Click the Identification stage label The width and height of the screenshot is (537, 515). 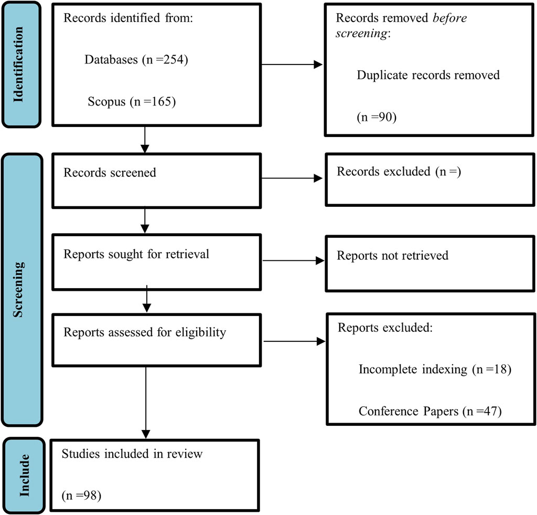point(18,65)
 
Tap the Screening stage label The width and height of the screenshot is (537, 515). point(18,290)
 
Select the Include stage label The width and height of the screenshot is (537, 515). point(24,475)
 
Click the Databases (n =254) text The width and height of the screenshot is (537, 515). point(136,60)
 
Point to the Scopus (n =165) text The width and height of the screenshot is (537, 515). point(132,101)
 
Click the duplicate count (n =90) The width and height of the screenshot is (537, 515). point(377,117)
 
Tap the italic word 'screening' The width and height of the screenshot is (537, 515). point(362,34)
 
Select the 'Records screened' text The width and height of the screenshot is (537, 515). point(110,173)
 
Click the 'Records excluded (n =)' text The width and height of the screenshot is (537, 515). point(399,172)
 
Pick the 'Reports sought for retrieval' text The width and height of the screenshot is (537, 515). point(136,254)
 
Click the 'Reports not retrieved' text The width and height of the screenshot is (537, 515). point(392,256)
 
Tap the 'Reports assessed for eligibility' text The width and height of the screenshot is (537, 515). point(145,332)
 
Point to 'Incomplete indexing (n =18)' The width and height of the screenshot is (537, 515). point(435,369)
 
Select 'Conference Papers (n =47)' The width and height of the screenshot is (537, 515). point(430,411)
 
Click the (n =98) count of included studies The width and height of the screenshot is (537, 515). point(81,496)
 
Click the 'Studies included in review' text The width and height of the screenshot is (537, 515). point(132,454)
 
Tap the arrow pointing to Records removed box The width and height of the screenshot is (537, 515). point(292,65)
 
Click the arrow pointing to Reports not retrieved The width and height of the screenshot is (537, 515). point(294,260)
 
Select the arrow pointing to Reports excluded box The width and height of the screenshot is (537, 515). point(294,341)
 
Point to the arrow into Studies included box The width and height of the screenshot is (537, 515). point(146,403)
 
